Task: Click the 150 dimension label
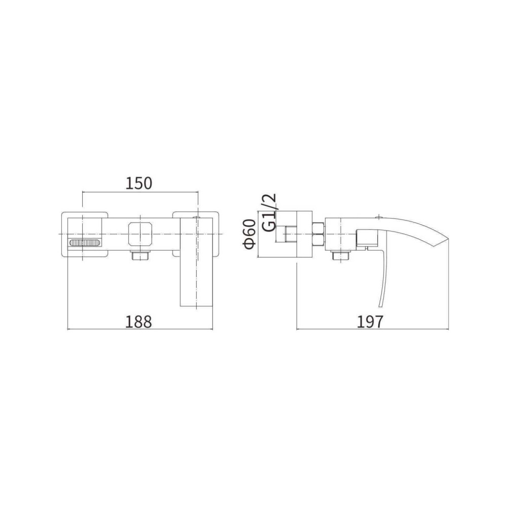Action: [x=138, y=183]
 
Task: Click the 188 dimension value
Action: [x=138, y=322]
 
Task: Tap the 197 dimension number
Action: [x=370, y=322]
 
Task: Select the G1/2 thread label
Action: [x=269, y=212]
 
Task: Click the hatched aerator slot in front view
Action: [x=86, y=243]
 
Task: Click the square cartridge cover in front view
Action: [x=140, y=233]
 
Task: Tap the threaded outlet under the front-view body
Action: [x=140, y=255]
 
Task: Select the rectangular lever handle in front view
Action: [x=196, y=262]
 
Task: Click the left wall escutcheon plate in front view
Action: [x=84, y=234]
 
